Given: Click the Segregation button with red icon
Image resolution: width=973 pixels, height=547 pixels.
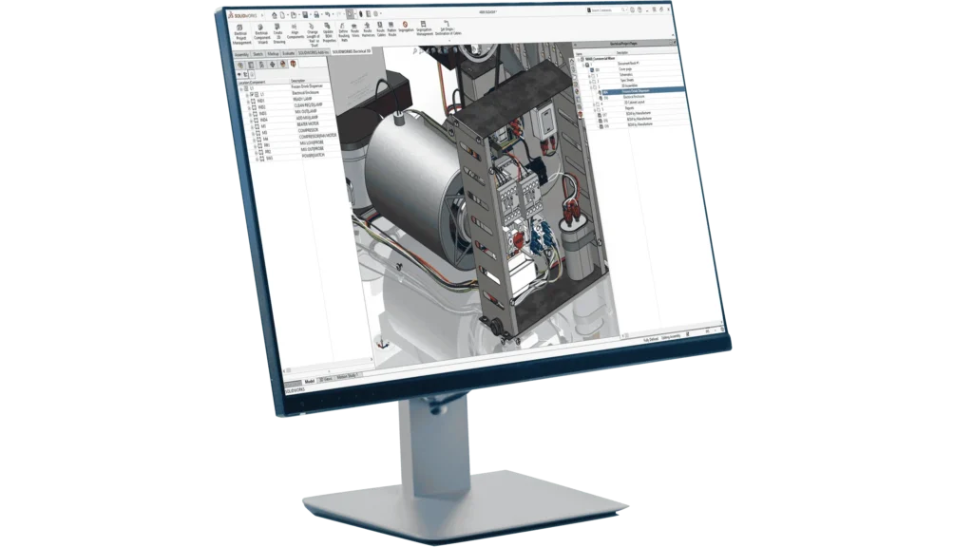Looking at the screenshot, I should [x=405, y=29].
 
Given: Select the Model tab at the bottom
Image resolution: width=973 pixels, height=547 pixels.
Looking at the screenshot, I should [x=309, y=378].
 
